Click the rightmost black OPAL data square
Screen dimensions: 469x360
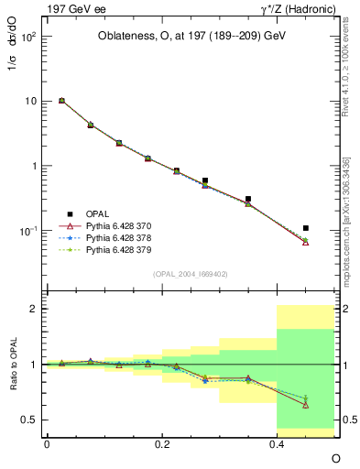306,228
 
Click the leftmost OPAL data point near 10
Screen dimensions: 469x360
61,101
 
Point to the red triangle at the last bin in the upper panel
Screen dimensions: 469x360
306,242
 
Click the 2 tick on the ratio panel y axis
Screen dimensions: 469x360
37,309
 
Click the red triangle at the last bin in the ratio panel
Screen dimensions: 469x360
306,405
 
